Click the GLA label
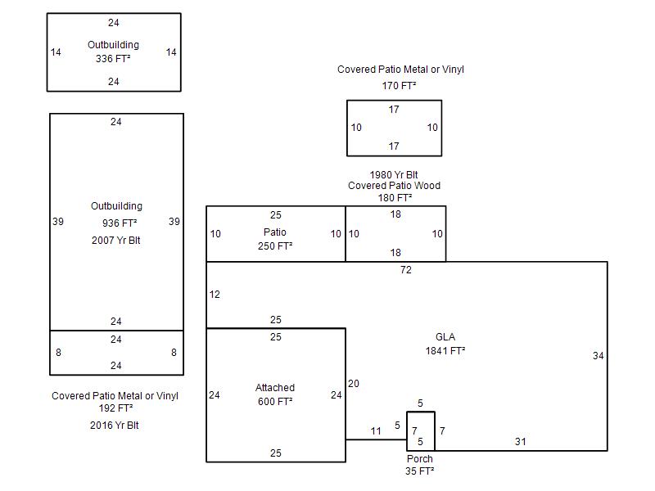click(445, 337)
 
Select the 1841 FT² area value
click(445, 351)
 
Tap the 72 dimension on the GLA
click(406, 270)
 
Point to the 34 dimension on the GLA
click(598, 356)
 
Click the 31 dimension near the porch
click(520, 442)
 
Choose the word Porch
click(420, 459)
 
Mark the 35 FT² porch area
click(420, 471)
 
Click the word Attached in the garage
click(275, 388)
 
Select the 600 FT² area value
click(275, 401)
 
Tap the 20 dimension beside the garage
click(353, 384)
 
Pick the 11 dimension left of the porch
click(376, 431)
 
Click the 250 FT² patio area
click(275, 245)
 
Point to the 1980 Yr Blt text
click(394, 175)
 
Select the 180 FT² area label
click(394, 197)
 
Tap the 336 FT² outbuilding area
click(113, 58)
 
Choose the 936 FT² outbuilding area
click(116, 223)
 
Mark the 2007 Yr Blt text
click(116, 241)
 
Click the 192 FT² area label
click(115, 408)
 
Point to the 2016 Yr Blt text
click(115, 426)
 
